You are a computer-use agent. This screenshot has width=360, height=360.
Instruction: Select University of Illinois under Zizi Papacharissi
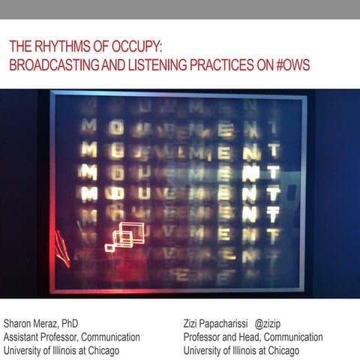click(222, 350)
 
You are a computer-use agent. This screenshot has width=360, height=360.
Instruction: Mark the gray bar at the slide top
click(180, 9)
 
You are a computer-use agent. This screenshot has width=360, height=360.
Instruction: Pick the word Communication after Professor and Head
click(292, 337)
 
